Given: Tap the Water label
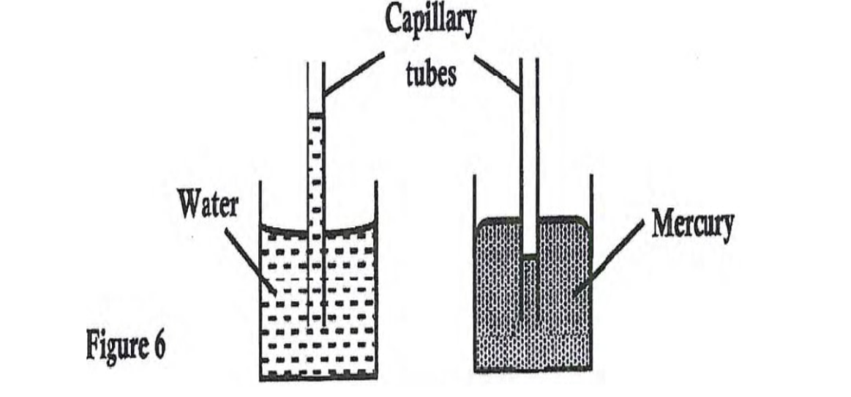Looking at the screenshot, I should [x=208, y=206].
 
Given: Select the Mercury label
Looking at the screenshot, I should [x=692, y=226].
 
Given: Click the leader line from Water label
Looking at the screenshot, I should [x=249, y=259].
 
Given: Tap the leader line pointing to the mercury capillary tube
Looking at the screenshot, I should [x=498, y=73].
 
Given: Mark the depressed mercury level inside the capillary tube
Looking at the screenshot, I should [x=531, y=256].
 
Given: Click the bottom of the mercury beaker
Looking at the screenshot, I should [x=533, y=369].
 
